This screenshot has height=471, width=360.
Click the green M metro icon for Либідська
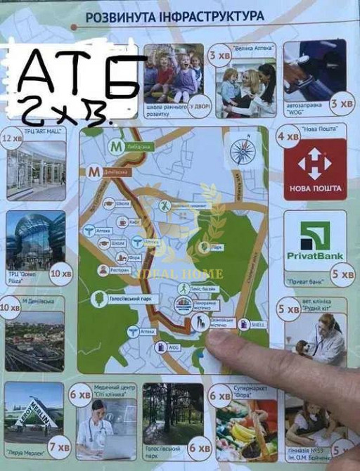tap(115, 146)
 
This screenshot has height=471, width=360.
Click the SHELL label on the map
tap(257, 324)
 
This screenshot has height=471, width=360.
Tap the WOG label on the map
tap(173, 347)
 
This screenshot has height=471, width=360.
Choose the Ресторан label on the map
tap(120, 270)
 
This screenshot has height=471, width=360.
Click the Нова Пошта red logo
tap(315, 169)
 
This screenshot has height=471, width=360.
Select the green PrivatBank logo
tap(315, 240)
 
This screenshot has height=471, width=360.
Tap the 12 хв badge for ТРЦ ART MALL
tap(13, 138)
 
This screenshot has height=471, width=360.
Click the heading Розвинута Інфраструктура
tap(174, 15)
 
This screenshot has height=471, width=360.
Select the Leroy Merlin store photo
tap(34, 414)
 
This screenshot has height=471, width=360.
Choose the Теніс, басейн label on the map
tap(206, 290)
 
